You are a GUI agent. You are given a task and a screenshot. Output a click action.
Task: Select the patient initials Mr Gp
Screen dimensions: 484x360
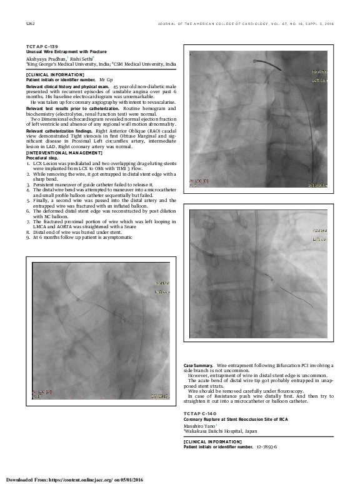tap(106, 80)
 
